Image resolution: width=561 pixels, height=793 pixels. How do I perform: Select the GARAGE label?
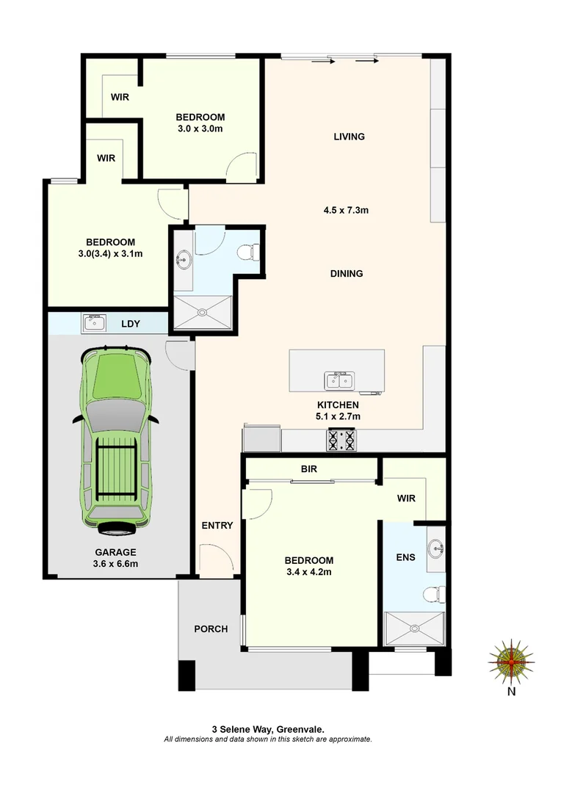pyautogui.click(x=115, y=552)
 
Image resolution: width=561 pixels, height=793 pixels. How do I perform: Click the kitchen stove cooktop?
pyautogui.click(x=341, y=440)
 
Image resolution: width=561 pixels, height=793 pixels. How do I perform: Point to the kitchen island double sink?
pyautogui.click(x=340, y=380)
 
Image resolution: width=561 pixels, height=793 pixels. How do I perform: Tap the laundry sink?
pyautogui.click(x=95, y=322)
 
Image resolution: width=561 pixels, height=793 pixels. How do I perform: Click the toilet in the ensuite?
pyautogui.click(x=435, y=593)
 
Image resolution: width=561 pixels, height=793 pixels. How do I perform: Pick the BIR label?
pyautogui.click(x=309, y=468)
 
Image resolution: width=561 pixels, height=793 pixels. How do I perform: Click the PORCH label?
pyautogui.click(x=211, y=629)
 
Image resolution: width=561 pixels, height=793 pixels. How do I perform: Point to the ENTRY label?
pyautogui.click(x=217, y=525)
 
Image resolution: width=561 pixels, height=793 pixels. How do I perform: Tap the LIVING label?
pyautogui.click(x=349, y=137)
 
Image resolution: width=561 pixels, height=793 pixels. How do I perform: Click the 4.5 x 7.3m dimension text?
pyautogui.click(x=346, y=210)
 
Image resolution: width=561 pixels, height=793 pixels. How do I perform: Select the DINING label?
pyautogui.click(x=347, y=274)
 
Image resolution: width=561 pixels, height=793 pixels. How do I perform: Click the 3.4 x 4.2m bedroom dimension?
pyautogui.click(x=309, y=572)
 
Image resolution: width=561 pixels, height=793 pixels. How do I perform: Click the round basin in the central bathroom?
pyautogui.click(x=184, y=258)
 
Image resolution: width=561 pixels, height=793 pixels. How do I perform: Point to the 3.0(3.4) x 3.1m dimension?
pyautogui.click(x=110, y=254)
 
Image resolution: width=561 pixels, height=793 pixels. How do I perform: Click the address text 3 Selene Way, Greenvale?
pyautogui.click(x=268, y=729)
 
